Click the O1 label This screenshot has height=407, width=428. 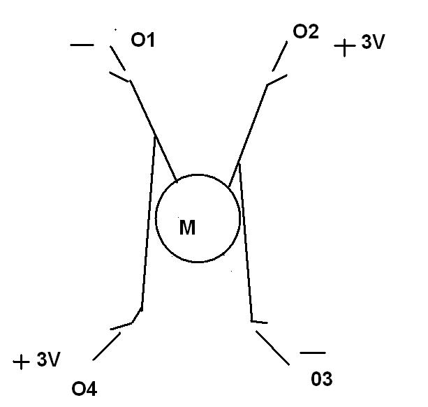click(142, 40)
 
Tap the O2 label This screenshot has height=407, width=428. click(306, 33)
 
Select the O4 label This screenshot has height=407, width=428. click(84, 389)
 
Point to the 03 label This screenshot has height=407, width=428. click(322, 379)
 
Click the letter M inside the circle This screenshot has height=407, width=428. click(187, 228)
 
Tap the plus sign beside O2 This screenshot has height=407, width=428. click(345, 47)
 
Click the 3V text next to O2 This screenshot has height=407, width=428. click(372, 43)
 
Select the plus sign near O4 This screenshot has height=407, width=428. click(22, 362)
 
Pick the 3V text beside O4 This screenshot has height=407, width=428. click(48, 360)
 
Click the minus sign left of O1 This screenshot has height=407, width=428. click(82, 46)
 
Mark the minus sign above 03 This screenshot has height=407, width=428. click(312, 353)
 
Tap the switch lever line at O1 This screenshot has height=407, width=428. click(117, 59)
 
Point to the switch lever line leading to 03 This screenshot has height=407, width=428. click(273, 348)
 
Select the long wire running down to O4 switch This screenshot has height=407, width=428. click(147, 223)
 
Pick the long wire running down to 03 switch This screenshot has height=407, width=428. click(246, 244)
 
